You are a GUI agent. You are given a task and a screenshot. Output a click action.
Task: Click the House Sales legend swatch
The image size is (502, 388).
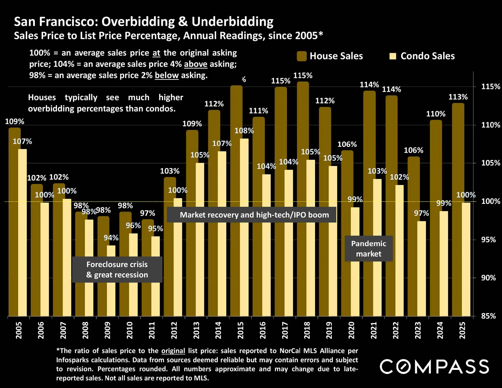pos(302,56)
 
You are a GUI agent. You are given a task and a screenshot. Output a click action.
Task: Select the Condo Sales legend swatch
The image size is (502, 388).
pos(393,56)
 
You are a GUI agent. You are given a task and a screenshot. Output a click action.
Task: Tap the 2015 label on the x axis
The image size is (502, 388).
pos(241,330)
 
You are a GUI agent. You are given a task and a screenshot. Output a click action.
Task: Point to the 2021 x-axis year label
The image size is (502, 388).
pos(374,330)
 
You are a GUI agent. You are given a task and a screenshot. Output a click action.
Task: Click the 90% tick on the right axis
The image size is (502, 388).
pos(488,278)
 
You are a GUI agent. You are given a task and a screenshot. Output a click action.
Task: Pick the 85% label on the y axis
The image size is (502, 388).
pos(488,316)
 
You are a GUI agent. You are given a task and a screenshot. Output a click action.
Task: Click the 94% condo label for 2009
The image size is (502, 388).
pos(111,238)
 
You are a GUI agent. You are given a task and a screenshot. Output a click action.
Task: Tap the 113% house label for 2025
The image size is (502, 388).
pos(458,97)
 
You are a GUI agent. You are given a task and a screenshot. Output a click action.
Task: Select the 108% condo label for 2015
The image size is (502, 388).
pos(244,130)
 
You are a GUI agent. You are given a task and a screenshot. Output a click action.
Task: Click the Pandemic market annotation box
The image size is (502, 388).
pos(368,248)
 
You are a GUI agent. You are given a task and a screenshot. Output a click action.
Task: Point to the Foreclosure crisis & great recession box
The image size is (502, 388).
pos(117,269)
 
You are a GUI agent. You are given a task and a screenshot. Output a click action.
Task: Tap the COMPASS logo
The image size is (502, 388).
pos(434,366)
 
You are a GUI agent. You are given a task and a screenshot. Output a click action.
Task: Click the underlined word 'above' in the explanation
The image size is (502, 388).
pos(196,64)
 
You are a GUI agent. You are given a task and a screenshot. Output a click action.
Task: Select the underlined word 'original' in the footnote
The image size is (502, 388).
pos(173,351)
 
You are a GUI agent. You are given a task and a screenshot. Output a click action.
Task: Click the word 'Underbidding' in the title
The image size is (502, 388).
pos(232,22)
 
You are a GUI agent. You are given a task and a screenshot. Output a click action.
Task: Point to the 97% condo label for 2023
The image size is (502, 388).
pos(421,213)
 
